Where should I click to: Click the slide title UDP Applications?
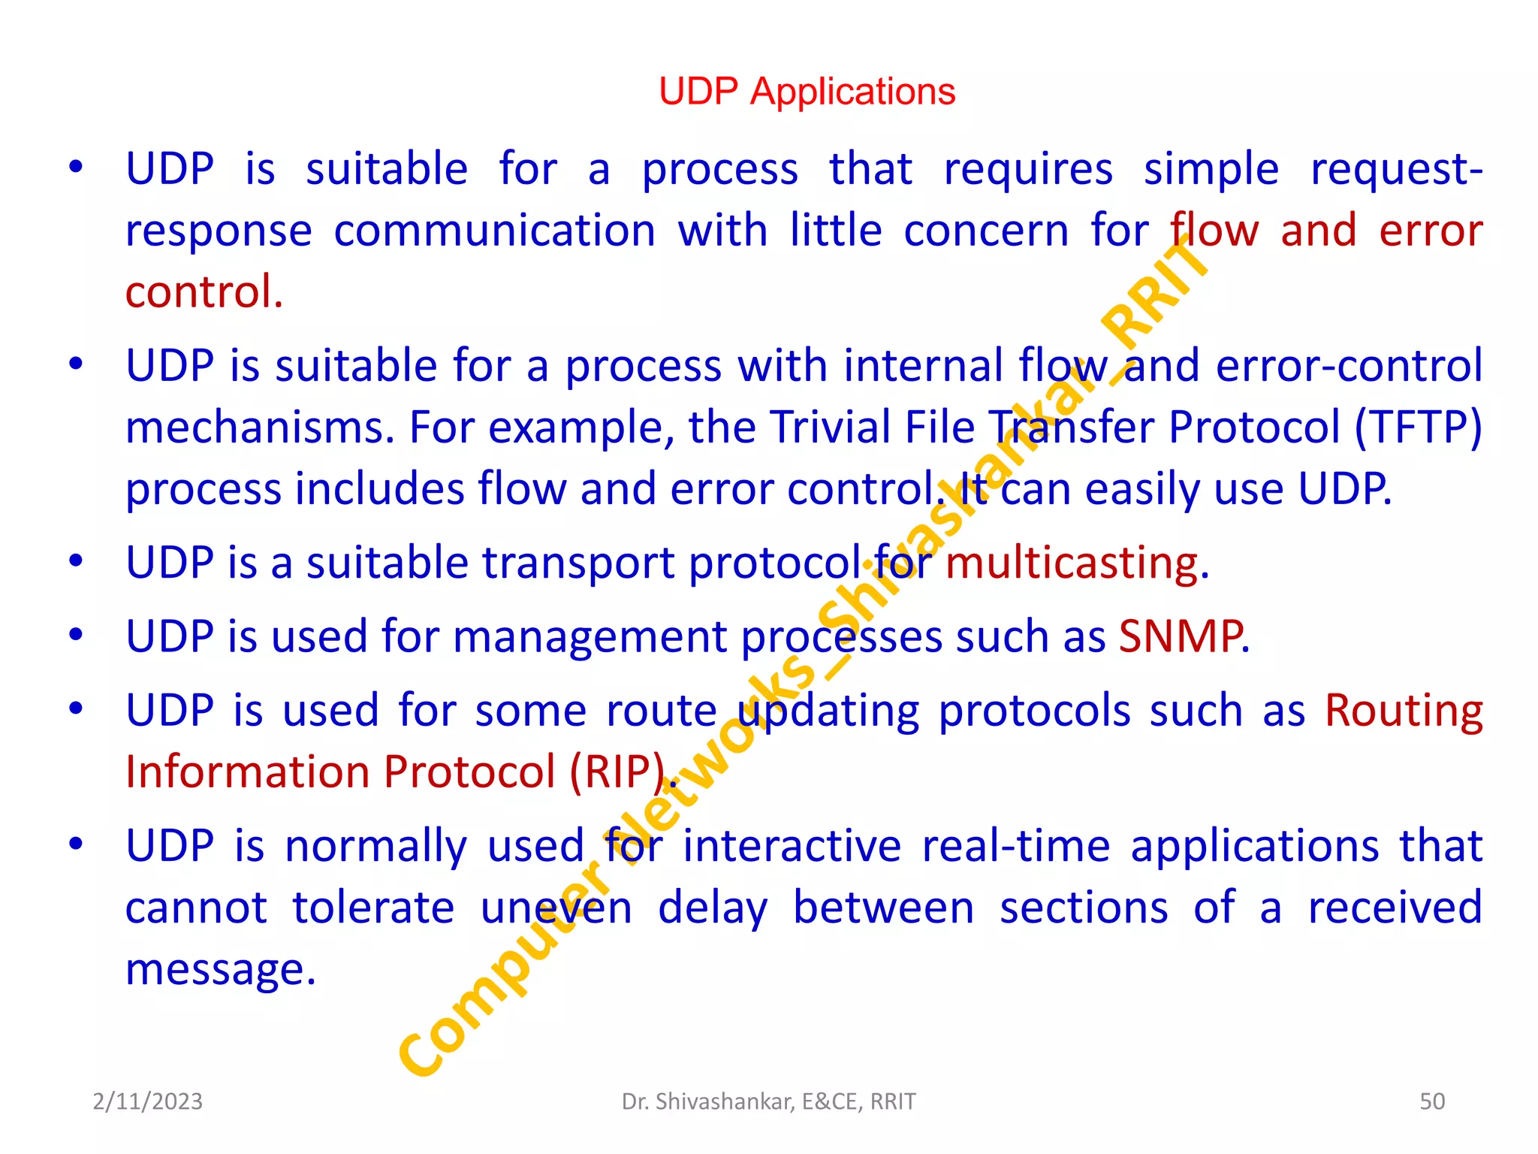[807, 92]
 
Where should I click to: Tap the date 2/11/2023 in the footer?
[147, 1101]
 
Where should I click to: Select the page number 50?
[1432, 1101]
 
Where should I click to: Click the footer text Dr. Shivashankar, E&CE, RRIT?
[768, 1101]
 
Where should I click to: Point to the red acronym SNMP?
[1180, 636]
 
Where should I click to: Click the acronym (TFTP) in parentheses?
[1419, 427]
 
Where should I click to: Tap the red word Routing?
[1403, 710]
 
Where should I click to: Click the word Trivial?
[829, 427]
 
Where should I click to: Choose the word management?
[590, 636]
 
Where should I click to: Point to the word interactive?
[792, 845]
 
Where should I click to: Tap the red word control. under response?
[204, 292]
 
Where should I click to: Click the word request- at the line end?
[1396, 169]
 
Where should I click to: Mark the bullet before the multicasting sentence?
[76, 561]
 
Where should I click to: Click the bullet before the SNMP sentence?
[76, 635]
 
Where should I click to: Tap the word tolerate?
[373, 907]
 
